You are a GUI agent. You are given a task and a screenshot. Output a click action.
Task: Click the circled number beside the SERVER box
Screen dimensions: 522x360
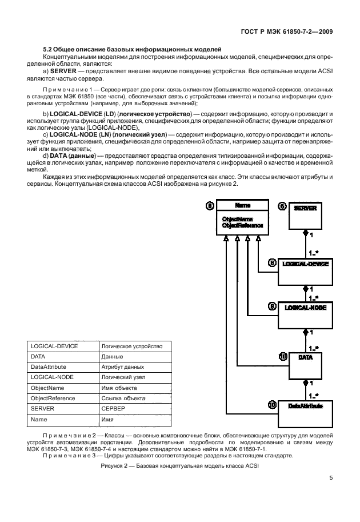pos(282,207)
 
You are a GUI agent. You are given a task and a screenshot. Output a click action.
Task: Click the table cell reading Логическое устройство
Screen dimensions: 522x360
pos(131,346)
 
